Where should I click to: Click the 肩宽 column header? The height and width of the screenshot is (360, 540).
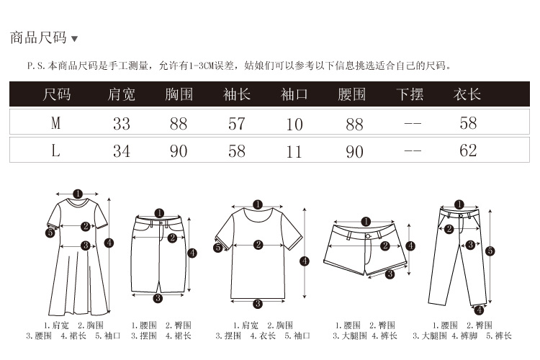(121, 94)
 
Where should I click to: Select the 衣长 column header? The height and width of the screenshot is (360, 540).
(467, 94)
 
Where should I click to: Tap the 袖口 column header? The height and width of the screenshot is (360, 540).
(294, 94)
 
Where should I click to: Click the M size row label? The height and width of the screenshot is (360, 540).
(55, 123)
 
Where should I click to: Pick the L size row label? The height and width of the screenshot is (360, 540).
(55, 150)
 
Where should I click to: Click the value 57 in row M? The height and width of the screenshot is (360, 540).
(237, 124)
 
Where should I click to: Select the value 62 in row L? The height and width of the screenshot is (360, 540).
(468, 150)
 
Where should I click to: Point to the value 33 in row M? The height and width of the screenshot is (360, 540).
(122, 124)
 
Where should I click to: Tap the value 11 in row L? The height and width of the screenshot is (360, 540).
(294, 152)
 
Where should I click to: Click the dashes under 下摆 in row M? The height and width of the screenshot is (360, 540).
(413, 123)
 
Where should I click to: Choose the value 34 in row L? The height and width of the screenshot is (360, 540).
(122, 151)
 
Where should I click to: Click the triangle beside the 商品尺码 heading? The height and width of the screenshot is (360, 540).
(74, 39)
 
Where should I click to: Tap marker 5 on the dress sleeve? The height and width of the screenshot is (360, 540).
(50, 233)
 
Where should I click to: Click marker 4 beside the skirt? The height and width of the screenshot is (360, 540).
(192, 253)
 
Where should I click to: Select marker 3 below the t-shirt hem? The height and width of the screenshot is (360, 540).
(258, 304)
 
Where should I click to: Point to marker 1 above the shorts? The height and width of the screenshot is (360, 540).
(366, 222)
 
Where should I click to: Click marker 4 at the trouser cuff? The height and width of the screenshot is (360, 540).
(480, 310)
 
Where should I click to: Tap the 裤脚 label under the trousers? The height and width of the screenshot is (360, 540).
(469, 336)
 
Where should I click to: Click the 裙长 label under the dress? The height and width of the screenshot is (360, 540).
(78, 336)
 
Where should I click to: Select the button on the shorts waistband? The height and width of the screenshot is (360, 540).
(368, 236)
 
